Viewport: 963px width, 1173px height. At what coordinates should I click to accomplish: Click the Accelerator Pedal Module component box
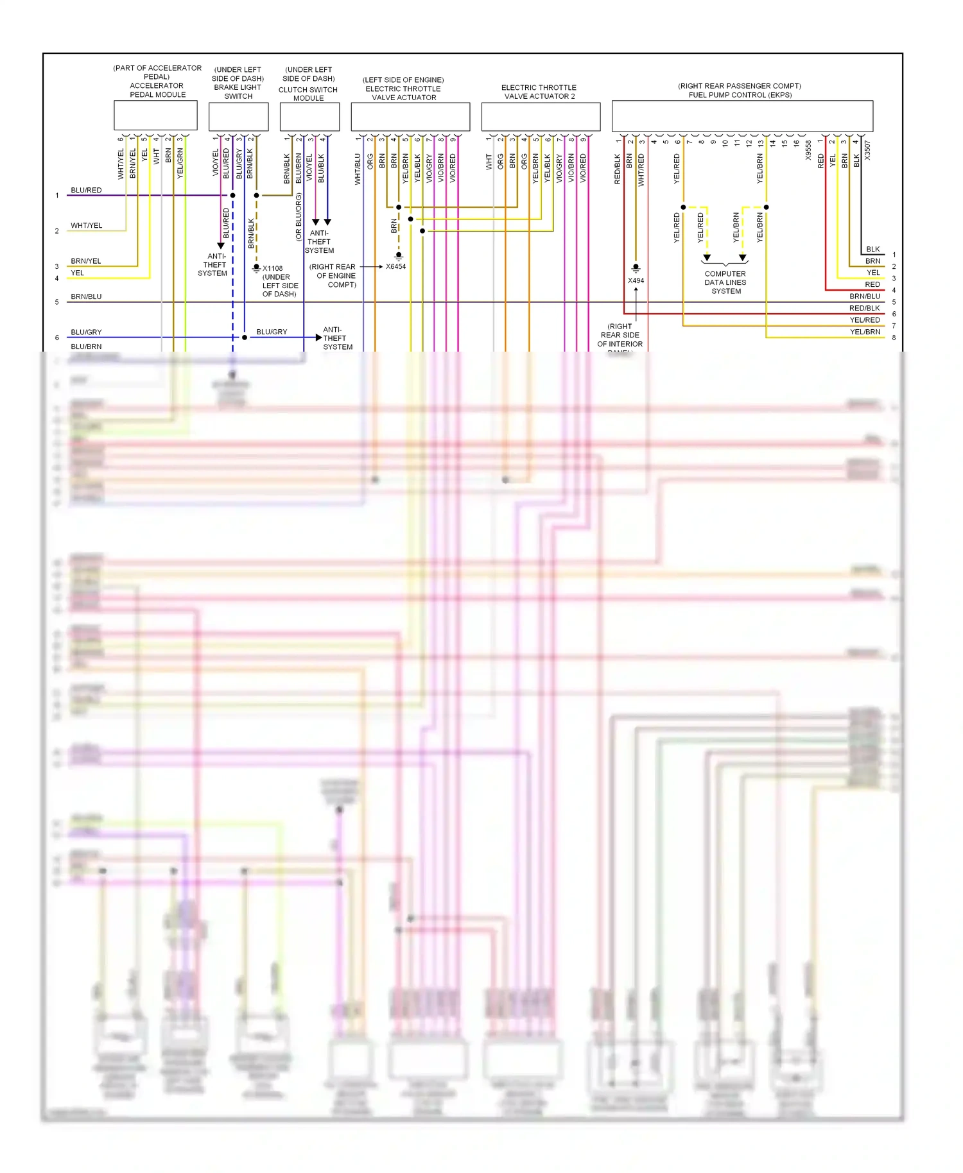pos(155,116)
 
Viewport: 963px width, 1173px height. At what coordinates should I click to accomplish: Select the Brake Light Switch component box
pos(238,116)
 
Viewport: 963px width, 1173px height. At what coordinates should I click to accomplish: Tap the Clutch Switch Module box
pos(309,116)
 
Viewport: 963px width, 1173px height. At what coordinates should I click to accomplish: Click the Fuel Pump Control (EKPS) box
pos(742,116)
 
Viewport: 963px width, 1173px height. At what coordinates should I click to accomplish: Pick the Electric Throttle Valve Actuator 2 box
pos(541,116)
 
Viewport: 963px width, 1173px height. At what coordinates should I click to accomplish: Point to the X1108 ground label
pos(272,268)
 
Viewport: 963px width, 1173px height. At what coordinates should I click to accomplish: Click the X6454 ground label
pos(395,266)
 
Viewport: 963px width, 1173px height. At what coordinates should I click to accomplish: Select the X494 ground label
pos(636,280)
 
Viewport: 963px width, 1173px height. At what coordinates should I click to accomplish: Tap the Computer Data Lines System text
pos(725,282)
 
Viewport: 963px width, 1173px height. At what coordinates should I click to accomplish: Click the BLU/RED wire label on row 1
pos(86,190)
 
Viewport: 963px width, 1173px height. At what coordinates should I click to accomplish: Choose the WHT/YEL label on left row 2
pos(86,225)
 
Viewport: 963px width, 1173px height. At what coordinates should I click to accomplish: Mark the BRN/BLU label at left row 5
pos(86,296)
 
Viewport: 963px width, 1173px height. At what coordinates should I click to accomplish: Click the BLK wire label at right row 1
pos(872,249)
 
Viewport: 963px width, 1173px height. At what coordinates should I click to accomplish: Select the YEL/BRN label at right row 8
pos(865,332)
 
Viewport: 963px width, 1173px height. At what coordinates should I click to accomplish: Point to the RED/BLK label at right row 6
pos(864,308)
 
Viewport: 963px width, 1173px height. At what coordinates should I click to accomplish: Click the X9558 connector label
pos(808,150)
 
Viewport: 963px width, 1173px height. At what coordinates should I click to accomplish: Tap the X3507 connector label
pos(867,150)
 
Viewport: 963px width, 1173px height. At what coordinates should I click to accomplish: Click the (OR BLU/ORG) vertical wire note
pos(299,217)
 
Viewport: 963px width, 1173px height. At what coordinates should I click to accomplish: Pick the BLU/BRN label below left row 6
pos(86,347)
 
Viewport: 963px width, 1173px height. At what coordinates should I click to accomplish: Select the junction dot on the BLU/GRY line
pos(245,337)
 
